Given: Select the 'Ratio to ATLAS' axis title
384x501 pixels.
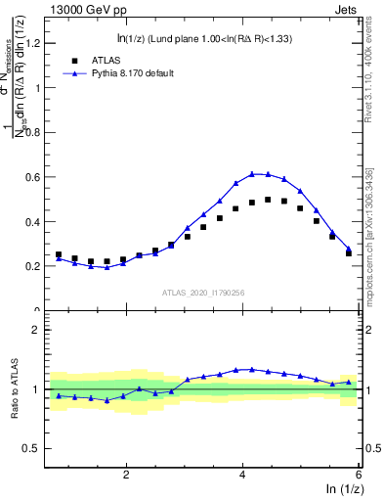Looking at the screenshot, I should pyautogui.click(x=16, y=388).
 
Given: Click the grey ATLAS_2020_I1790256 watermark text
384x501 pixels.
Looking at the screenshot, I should pyautogui.click(x=203, y=292).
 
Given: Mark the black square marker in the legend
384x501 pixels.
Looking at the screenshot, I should pyautogui.click(x=70, y=60).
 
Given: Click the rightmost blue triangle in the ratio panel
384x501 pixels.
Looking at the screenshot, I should pyautogui.click(x=349, y=382).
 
